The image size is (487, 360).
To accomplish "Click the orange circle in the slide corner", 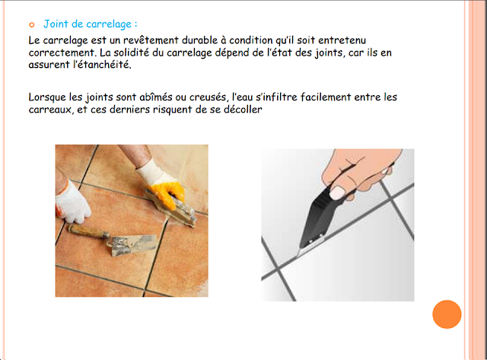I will [x=447, y=314].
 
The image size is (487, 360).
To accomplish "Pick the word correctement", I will [x=65, y=53].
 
